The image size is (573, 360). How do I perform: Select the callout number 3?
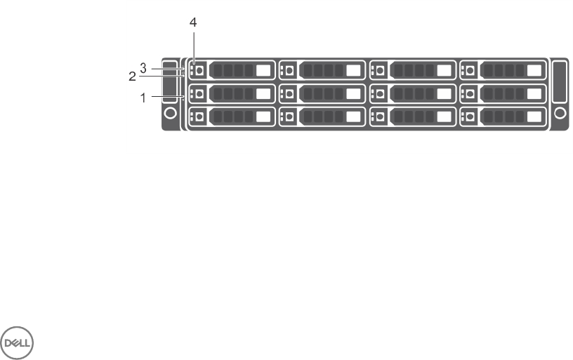(143, 68)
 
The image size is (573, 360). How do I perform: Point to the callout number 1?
(143, 98)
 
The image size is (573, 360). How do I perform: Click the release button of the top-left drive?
(199, 70)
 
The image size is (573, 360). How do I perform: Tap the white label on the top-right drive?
(534, 70)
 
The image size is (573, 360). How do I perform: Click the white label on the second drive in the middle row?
(354, 93)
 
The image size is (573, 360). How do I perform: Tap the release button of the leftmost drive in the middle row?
(199, 93)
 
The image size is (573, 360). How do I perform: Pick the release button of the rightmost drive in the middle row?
(470, 93)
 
